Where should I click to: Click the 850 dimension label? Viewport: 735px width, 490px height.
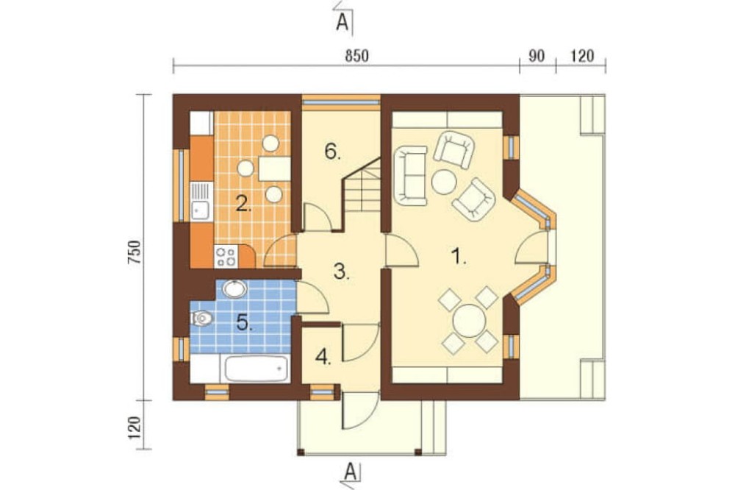coord(356,56)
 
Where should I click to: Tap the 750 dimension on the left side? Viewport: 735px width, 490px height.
coord(134,252)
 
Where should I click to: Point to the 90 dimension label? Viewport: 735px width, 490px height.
coord(537,56)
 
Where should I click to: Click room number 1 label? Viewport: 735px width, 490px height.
coord(458,257)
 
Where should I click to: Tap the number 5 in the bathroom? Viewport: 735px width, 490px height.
coord(244,322)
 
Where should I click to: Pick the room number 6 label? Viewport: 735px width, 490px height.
coord(332,152)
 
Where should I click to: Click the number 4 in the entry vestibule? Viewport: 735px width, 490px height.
coord(323,357)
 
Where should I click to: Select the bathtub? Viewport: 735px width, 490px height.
coord(256,369)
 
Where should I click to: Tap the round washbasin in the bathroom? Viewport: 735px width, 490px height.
coord(235,288)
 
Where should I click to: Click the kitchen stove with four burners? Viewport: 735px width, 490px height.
coord(226,257)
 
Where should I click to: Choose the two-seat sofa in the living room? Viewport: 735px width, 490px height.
coord(411,176)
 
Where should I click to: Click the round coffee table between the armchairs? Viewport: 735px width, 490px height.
coord(443,182)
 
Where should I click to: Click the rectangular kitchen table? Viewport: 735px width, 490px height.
coord(274,168)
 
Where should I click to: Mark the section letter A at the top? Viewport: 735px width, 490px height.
coord(343,21)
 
